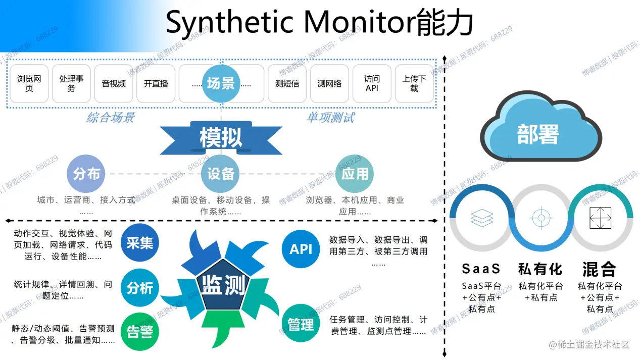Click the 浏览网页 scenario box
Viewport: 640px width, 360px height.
coord(29,84)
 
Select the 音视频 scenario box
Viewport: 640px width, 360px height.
coord(114,84)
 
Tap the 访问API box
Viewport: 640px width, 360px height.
coord(372,84)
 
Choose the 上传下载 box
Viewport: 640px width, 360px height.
coord(414,84)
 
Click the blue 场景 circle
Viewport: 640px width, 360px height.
coord(221,83)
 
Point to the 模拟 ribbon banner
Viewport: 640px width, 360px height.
coord(221,137)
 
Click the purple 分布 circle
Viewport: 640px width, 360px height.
coord(86,174)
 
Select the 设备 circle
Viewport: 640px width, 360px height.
coord(221,174)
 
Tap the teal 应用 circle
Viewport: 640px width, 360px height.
coord(355,174)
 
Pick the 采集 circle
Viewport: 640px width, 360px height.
coord(140,243)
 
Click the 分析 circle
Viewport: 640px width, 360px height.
coord(140,288)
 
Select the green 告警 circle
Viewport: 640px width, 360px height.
coord(140,332)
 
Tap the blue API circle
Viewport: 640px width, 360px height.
coord(301,248)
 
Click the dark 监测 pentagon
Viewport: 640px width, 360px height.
coord(223,285)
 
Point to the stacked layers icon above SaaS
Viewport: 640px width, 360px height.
coord(481,218)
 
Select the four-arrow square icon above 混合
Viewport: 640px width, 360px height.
coord(600,218)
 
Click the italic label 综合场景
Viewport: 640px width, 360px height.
coord(111,118)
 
